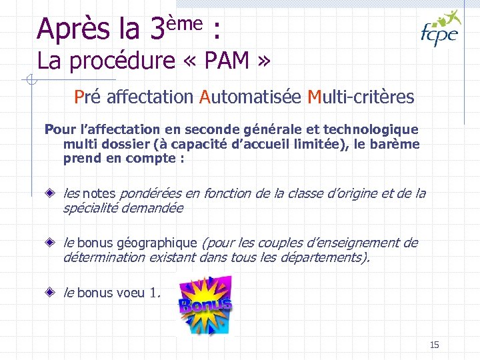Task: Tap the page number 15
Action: pyautogui.click(x=435, y=345)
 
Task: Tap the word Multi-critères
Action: pyautogui.click(x=361, y=97)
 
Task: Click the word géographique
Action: pyautogui.click(x=157, y=243)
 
